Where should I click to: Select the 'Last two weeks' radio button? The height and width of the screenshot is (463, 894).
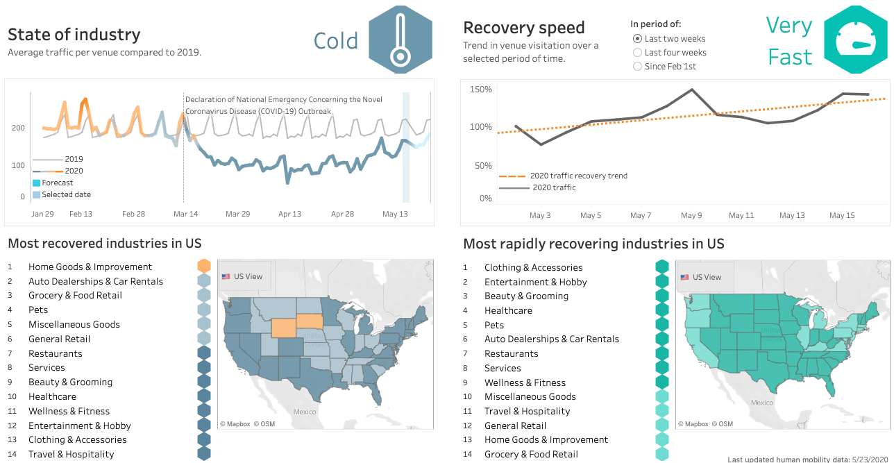[x=637, y=39]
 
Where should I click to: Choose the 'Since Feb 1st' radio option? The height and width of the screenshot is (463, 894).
[x=637, y=67]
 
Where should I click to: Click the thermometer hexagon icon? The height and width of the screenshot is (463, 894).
[x=400, y=40]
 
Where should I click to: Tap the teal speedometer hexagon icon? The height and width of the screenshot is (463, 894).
[x=855, y=40]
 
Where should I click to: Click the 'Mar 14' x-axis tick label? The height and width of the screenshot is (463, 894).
[x=185, y=214]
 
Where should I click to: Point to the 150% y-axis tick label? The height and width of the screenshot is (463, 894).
[x=480, y=90]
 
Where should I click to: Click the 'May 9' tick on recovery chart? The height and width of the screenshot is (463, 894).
[x=691, y=215]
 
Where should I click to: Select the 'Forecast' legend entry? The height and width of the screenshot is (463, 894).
[x=58, y=183]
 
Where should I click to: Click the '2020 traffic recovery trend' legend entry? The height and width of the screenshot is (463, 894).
[x=578, y=176]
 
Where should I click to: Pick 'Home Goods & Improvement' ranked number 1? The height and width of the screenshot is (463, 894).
[x=90, y=267]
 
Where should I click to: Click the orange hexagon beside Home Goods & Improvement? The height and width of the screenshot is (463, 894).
[x=204, y=266]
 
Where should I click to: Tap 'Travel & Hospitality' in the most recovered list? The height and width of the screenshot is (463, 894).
[x=71, y=454]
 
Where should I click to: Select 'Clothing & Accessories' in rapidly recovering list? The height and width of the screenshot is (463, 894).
[x=533, y=267]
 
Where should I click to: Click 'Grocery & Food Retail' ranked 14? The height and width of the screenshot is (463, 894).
[x=531, y=454]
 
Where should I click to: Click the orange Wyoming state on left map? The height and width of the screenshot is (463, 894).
[x=283, y=328]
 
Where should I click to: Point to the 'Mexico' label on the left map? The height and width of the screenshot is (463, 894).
[x=304, y=411]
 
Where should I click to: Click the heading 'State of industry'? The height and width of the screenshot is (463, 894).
[x=74, y=35]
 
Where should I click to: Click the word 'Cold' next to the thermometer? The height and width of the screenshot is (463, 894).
[x=336, y=41]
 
